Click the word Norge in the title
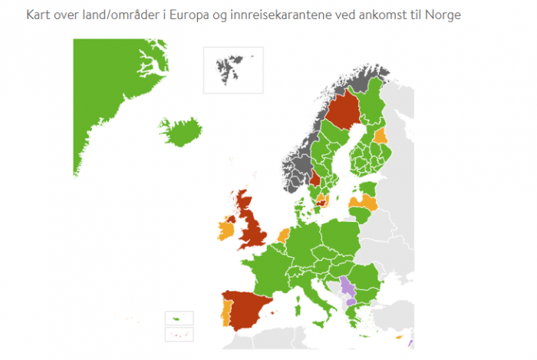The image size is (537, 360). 445,15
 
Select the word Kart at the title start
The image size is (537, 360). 38,15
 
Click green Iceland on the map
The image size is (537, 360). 180,133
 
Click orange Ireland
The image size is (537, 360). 227,229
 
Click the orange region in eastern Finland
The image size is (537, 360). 381,137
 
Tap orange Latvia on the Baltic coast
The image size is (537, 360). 363,202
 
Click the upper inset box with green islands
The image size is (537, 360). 180,318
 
